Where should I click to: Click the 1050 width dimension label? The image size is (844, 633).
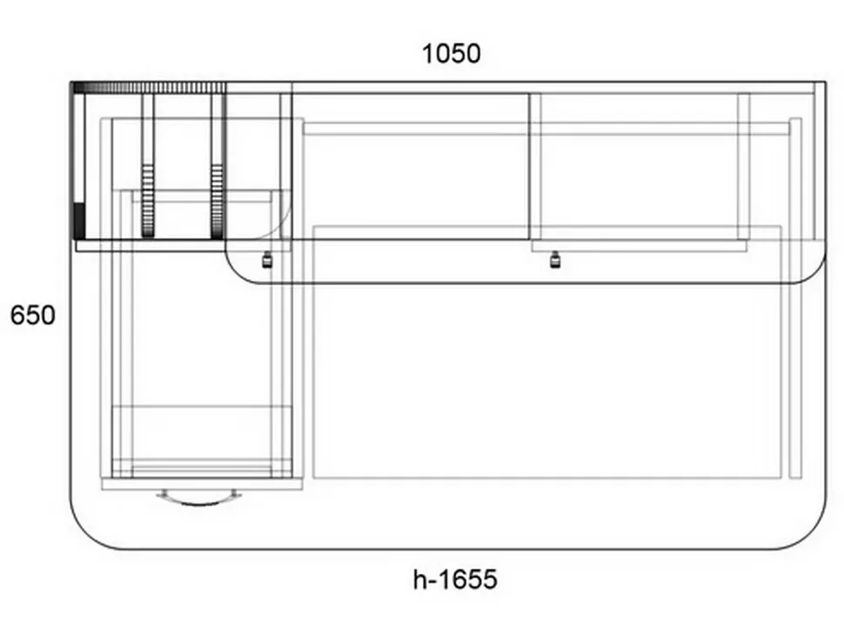pos(451,54)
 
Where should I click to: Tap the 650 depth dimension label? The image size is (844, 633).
pos(32,315)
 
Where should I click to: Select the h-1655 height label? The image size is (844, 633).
pos(455,580)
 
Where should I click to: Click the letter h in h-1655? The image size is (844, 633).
pos(419,580)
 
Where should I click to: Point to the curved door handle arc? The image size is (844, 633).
pos(199,503)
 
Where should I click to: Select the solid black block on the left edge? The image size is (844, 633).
pos(78,221)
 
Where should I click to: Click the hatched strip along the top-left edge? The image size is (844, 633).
pos(149,88)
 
